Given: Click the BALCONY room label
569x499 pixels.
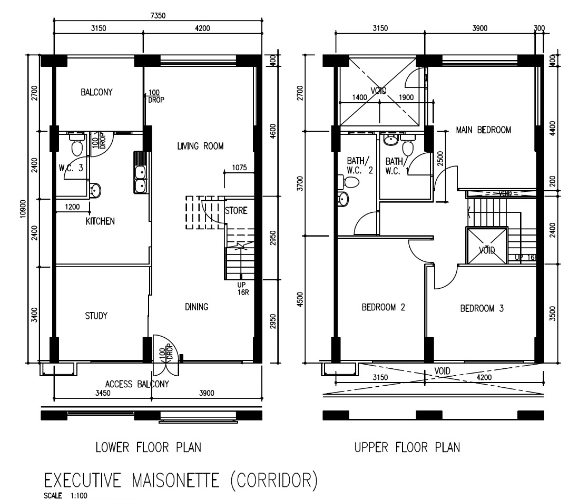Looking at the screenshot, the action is coord(96,92).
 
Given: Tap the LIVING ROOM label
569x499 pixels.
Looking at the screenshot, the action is coord(200,146).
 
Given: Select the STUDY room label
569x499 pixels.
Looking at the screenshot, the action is coord(96,316).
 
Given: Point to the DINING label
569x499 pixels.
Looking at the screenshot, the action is coord(197,307).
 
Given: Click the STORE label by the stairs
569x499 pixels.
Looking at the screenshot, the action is coord(236,210).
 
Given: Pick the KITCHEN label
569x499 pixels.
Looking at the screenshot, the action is coord(100,221).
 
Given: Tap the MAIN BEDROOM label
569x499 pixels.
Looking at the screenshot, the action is coord(483,130).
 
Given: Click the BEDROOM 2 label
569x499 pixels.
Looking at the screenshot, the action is coord(383,307).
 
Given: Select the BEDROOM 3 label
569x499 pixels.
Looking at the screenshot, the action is coord(482,308).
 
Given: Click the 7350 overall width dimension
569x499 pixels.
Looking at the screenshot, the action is coord(158,16).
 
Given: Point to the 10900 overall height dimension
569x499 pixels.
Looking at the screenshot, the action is coord(23,209).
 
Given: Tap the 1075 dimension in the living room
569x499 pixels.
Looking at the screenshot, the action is coord(240,168).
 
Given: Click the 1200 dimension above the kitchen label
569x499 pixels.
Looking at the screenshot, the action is coord(72,207).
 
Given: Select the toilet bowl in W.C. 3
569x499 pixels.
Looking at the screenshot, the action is coord(76,144).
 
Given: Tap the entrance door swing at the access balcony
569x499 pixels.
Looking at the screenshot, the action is coord(165,356).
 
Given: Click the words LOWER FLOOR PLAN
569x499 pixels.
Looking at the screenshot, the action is coord(148,447).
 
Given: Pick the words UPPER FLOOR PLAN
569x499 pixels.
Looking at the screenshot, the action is coord(407,447).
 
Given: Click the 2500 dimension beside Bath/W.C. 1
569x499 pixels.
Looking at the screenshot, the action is coord(440,159).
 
